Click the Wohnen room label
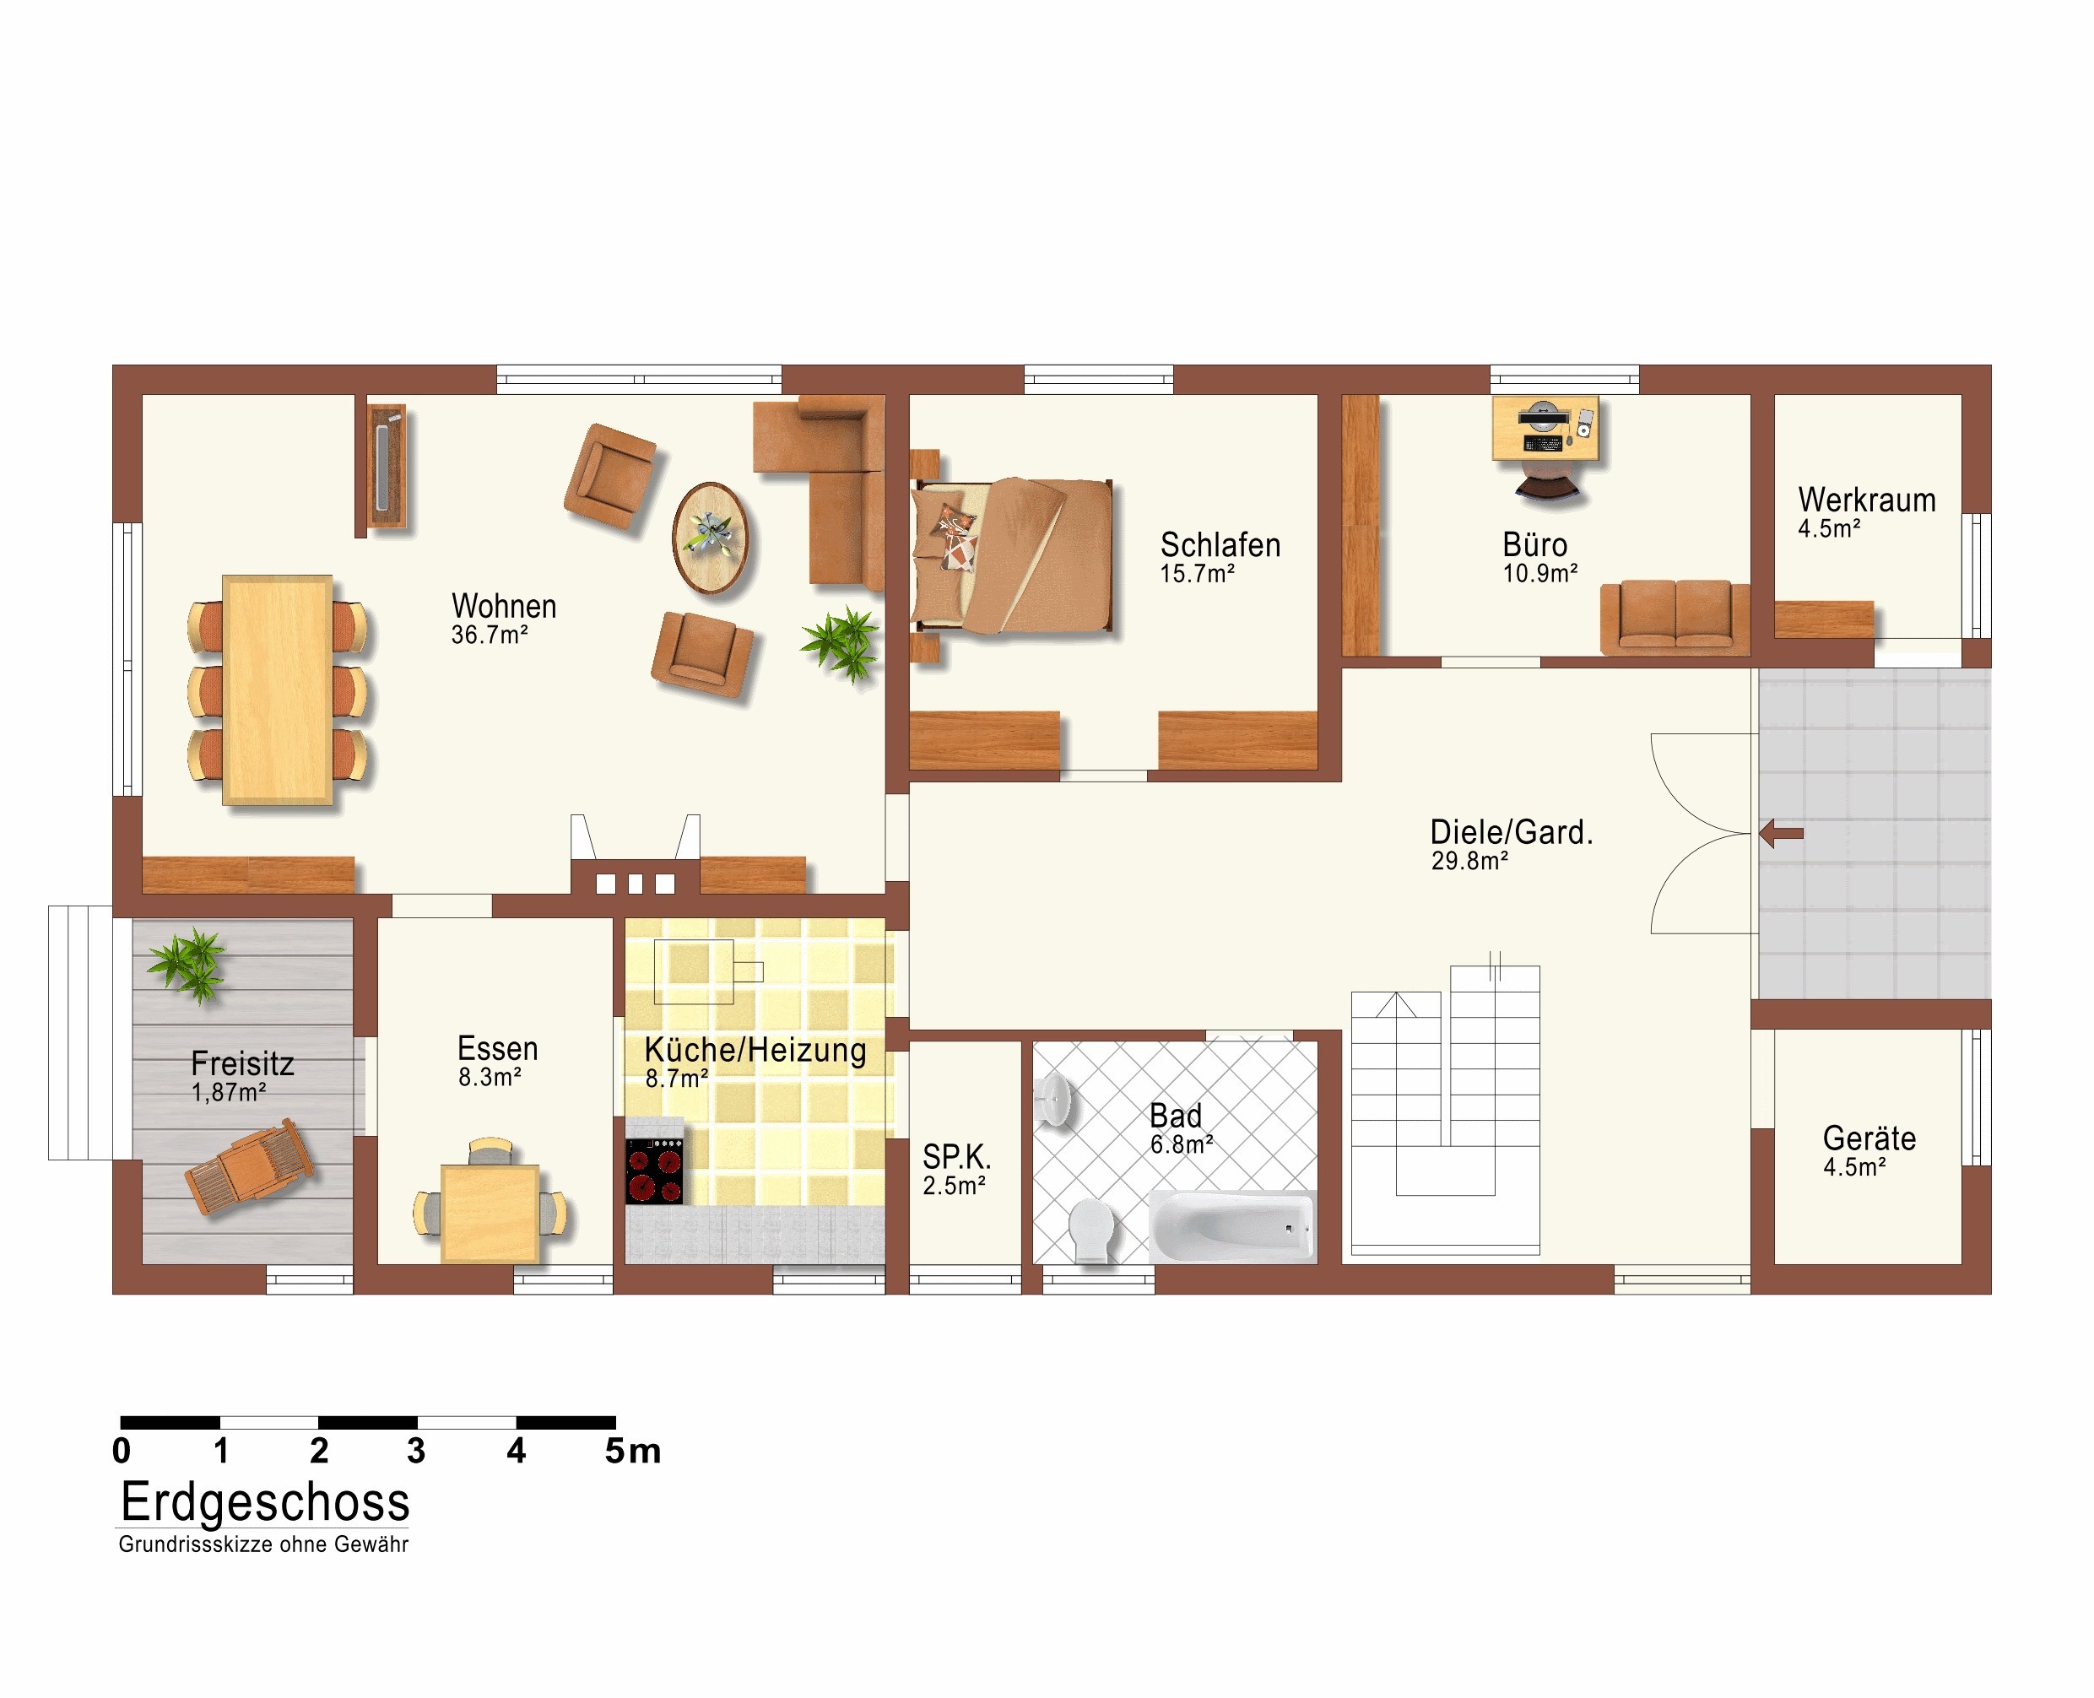[504, 607]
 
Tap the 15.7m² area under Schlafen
[1197, 574]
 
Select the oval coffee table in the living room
[710, 537]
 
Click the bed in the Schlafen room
[1012, 555]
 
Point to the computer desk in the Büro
[1545, 427]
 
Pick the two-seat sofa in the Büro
[1675, 617]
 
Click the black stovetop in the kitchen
[654, 1171]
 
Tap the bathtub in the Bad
[1231, 1225]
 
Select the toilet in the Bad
[1091, 1230]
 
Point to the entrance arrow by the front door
[1781, 835]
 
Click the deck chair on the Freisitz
[248, 1167]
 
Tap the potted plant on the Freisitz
[189, 964]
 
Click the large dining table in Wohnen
[278, 690]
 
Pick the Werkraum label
[1866, 500]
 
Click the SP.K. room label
[956, 1157]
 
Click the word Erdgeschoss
[265, 1502]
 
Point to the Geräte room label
[1869, 1138]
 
